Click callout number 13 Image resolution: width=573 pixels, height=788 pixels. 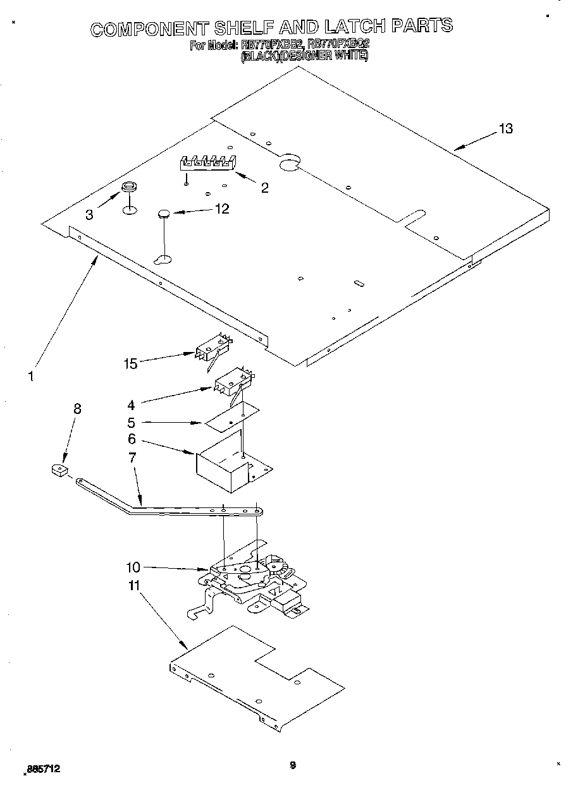click(505, 129)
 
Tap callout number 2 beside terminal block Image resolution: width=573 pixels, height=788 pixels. click(264, 187)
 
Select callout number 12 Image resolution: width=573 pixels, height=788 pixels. click(222, 209)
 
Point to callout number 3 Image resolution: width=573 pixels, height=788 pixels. click(89, 215)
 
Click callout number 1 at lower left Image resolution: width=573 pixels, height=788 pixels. click(30, 377)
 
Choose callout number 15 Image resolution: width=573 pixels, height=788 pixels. click(130, 363)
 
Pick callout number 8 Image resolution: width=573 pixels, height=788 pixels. click(77, 409)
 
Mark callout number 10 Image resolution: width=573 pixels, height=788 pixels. click(132, 567)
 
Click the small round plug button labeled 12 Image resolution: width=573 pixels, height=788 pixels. click(164, 214)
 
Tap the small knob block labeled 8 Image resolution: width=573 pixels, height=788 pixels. click(59, 470)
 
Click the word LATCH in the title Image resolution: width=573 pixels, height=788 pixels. click(354, 26)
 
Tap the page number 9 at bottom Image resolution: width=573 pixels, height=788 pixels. click(292, 766)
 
